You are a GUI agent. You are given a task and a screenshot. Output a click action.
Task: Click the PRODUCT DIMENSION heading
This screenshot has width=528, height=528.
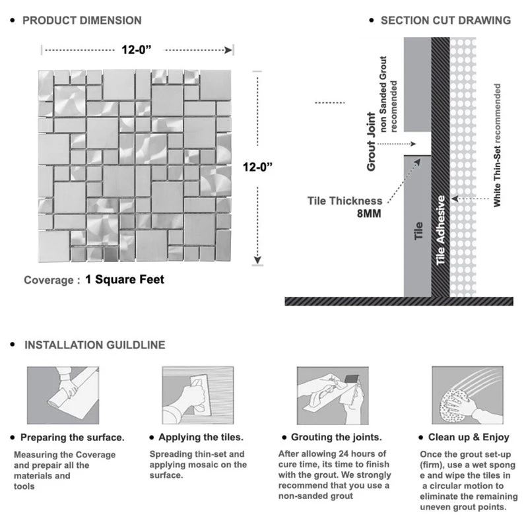[82, 20]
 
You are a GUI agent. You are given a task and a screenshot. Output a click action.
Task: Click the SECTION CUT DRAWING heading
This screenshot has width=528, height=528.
[445, 20]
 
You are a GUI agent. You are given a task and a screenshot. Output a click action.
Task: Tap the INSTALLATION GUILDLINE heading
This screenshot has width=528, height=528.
[94, 345]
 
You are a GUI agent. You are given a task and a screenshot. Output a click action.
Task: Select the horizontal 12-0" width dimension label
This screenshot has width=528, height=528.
[137, 50]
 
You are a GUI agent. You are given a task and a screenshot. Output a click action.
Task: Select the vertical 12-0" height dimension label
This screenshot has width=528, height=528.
[258, 168]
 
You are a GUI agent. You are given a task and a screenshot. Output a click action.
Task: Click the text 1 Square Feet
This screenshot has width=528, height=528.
[125, 279]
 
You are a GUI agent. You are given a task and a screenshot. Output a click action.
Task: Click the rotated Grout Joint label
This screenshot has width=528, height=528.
[372, 142]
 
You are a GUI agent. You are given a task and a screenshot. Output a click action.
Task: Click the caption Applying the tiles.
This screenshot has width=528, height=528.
[201, 437]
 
